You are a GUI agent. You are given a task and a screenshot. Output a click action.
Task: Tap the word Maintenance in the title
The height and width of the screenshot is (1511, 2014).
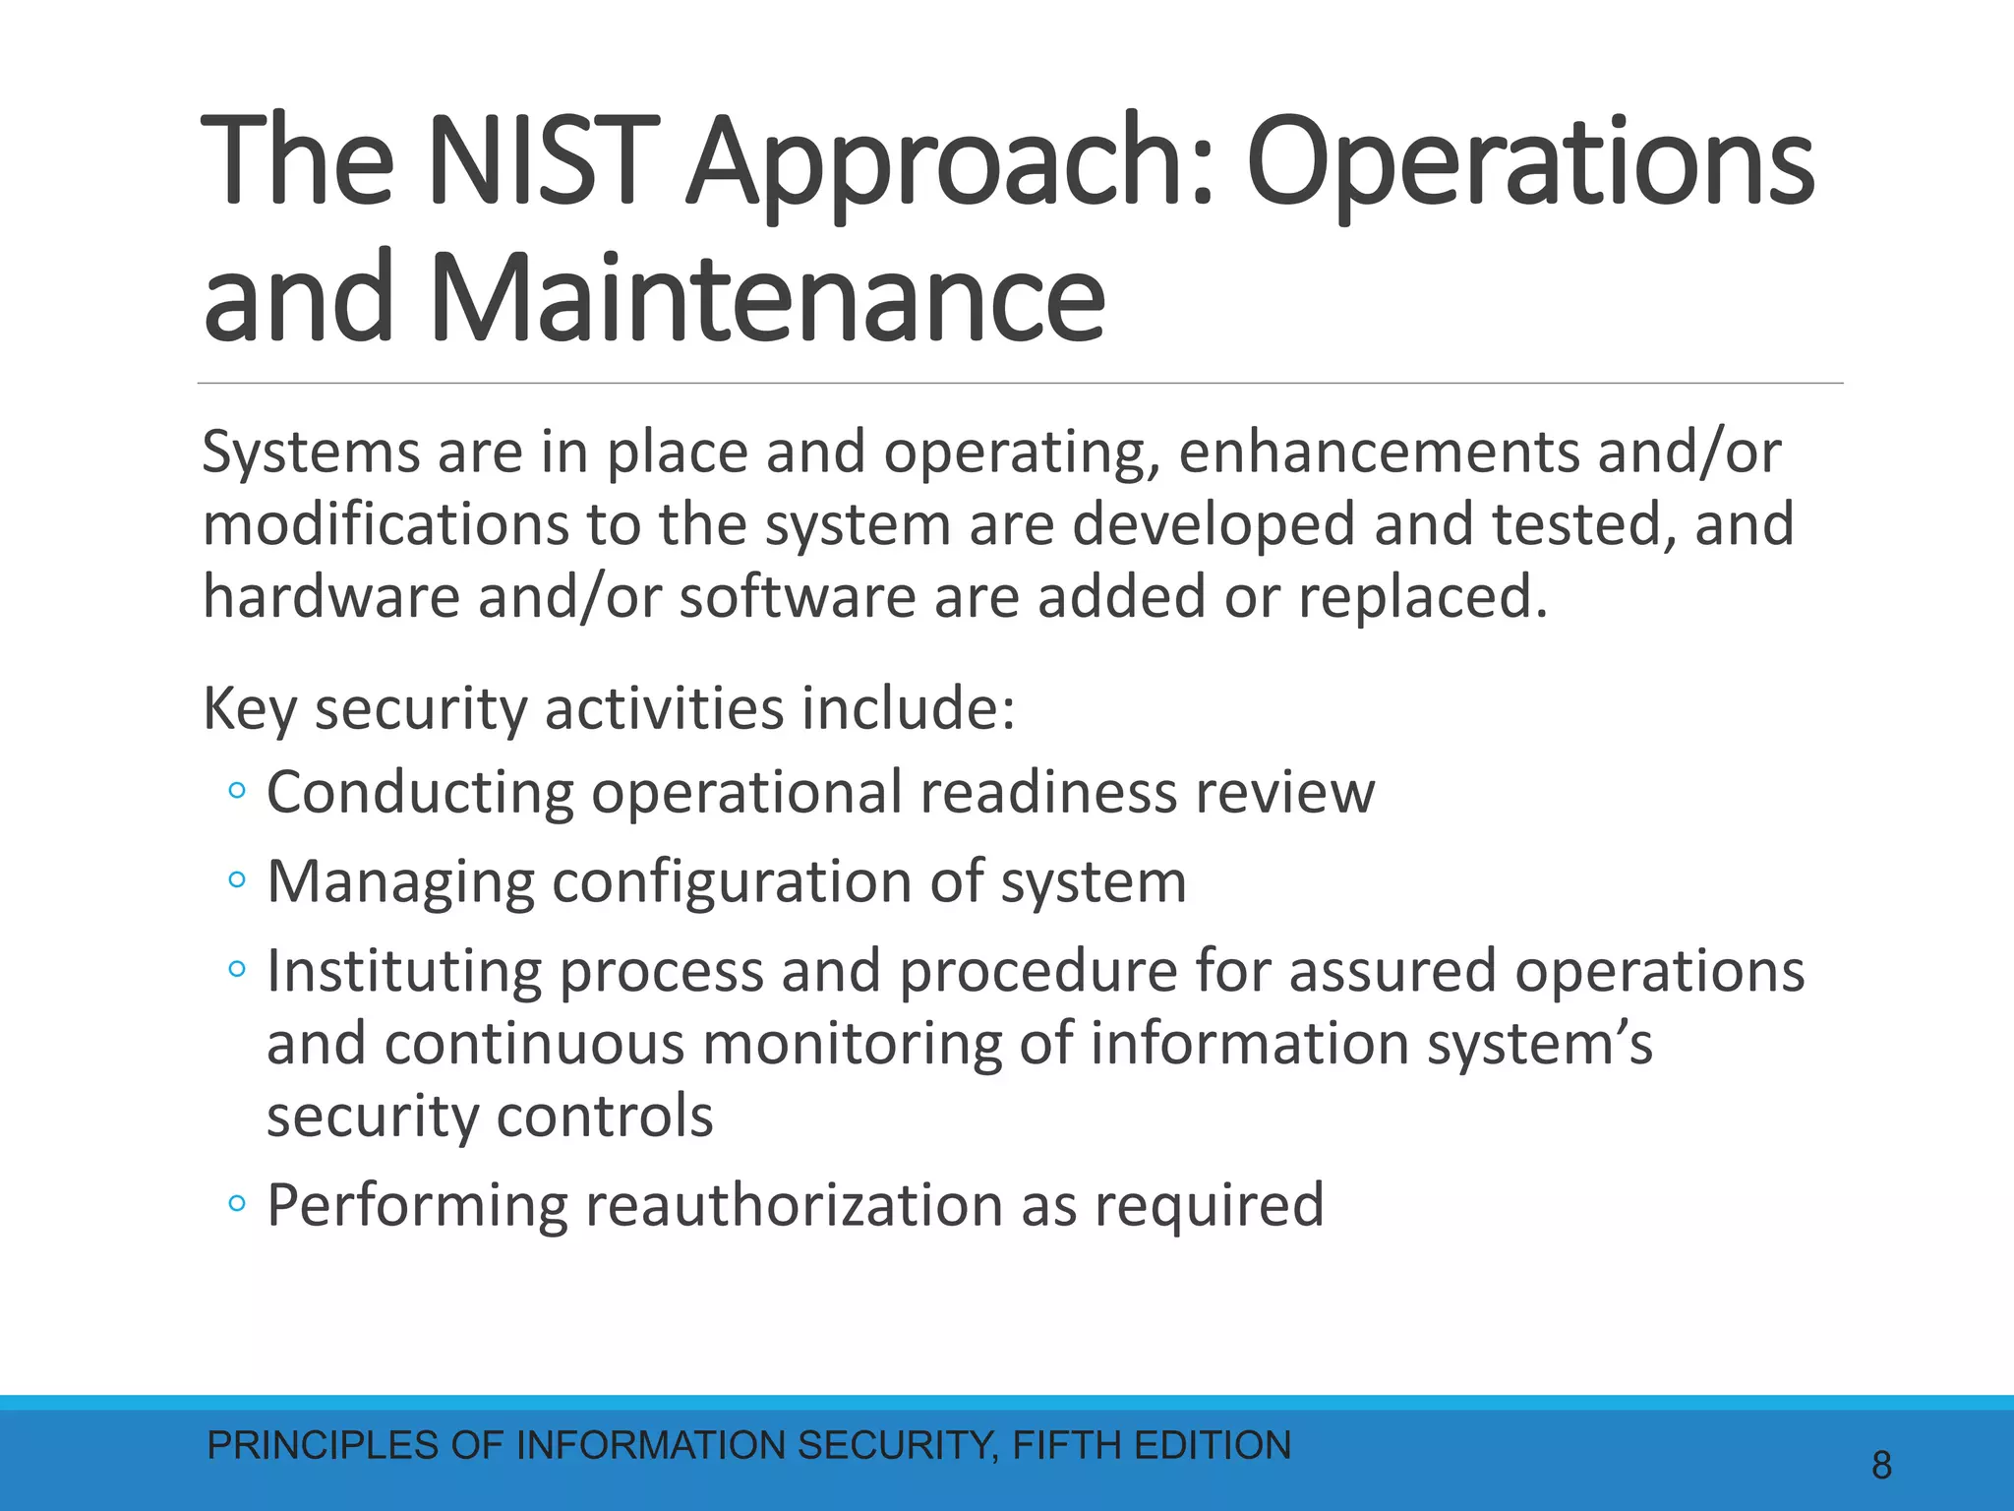click(767, 298)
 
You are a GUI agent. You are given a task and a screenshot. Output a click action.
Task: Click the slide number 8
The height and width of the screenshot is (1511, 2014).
click(1881, 1466)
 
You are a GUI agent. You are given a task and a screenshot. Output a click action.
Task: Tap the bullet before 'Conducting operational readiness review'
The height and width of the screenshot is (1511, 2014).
click(236, 791)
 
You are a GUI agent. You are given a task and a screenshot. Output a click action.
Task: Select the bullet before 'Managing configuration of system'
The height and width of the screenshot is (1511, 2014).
click(236, 880)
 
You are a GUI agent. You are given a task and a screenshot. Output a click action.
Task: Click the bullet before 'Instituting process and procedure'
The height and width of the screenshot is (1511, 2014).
click(236, 970)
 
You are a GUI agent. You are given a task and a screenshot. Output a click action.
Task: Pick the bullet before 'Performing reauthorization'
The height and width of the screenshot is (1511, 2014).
click(236, 1203)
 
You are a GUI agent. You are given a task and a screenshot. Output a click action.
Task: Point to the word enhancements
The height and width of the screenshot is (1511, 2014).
click(1378, 453)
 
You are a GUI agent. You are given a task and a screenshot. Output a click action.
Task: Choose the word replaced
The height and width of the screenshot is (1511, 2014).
click(1422, 598)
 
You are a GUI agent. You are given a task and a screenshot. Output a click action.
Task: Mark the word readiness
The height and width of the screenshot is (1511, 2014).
click(1047, 793)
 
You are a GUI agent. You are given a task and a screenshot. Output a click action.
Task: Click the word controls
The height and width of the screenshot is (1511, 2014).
click(604, 1116)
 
